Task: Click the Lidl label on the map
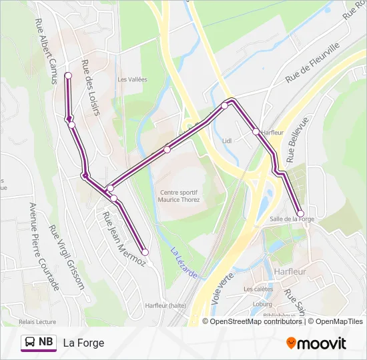pos(226,141)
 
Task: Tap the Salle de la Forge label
pos(292,219)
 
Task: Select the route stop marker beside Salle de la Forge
pos(300,213)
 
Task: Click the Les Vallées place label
pos(132,79)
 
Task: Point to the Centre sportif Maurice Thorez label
pos(179,196)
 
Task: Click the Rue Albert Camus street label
pos(45,50)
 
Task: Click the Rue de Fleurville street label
pos(312,63)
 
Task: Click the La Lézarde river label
pos(183,263)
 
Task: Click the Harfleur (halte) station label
pos(165,306)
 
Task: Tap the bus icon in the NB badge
pos(29,343)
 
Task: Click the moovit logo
pos(316,343)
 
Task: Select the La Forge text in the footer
pos(83,343)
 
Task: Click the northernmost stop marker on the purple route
pos(68,76)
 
